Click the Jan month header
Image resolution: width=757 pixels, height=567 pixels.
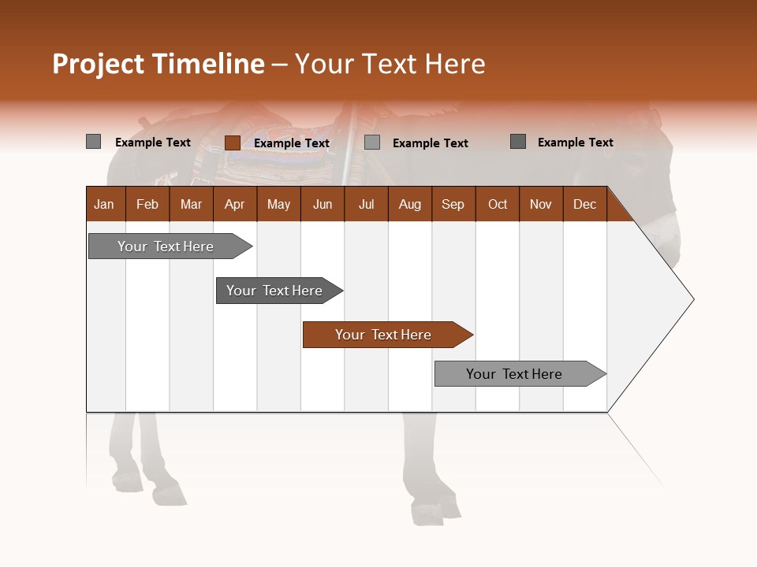[x=105, y=204]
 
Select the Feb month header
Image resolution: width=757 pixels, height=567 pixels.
[x=147, y=204]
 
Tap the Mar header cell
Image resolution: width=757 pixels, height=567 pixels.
[x=191, y=204]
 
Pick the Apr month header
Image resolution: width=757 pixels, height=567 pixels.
[x=234, y=204]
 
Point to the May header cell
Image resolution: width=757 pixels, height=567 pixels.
[x=278, y=204]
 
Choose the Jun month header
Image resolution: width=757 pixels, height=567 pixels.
[x=323, y=204]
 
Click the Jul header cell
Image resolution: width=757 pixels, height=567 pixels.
[x=366, y=204]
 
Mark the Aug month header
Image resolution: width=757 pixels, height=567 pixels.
[x=409, y=204]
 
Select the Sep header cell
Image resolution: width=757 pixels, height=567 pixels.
[x=453, y=204]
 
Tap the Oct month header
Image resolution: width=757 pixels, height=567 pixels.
[x=498, y=204]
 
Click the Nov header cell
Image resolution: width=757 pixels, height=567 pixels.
[x=541, y=204]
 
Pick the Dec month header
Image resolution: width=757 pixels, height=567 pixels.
[x=584, y=204]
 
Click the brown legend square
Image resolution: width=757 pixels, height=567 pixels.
[x=232, y=143]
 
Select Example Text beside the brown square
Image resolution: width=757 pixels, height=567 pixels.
[x=292, y=143]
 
